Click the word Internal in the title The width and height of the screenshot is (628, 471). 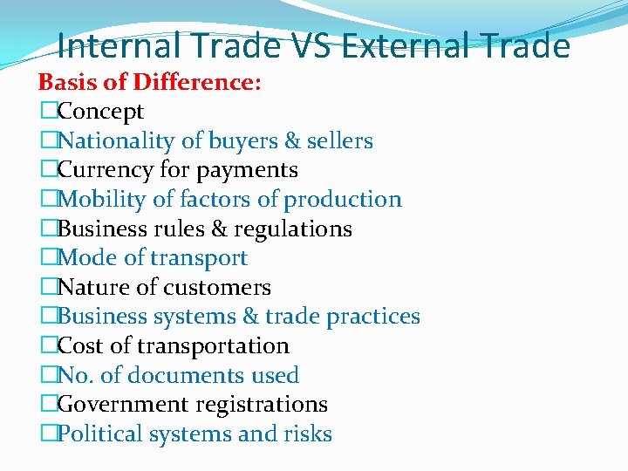121,45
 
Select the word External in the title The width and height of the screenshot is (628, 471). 406,45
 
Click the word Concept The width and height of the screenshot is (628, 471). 100,112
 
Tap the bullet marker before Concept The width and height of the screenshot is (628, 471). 47,112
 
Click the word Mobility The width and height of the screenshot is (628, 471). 102,200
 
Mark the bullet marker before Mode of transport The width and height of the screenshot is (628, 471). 47,258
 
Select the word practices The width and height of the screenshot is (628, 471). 371,317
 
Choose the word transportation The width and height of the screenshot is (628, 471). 216,346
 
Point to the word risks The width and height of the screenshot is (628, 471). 309,434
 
